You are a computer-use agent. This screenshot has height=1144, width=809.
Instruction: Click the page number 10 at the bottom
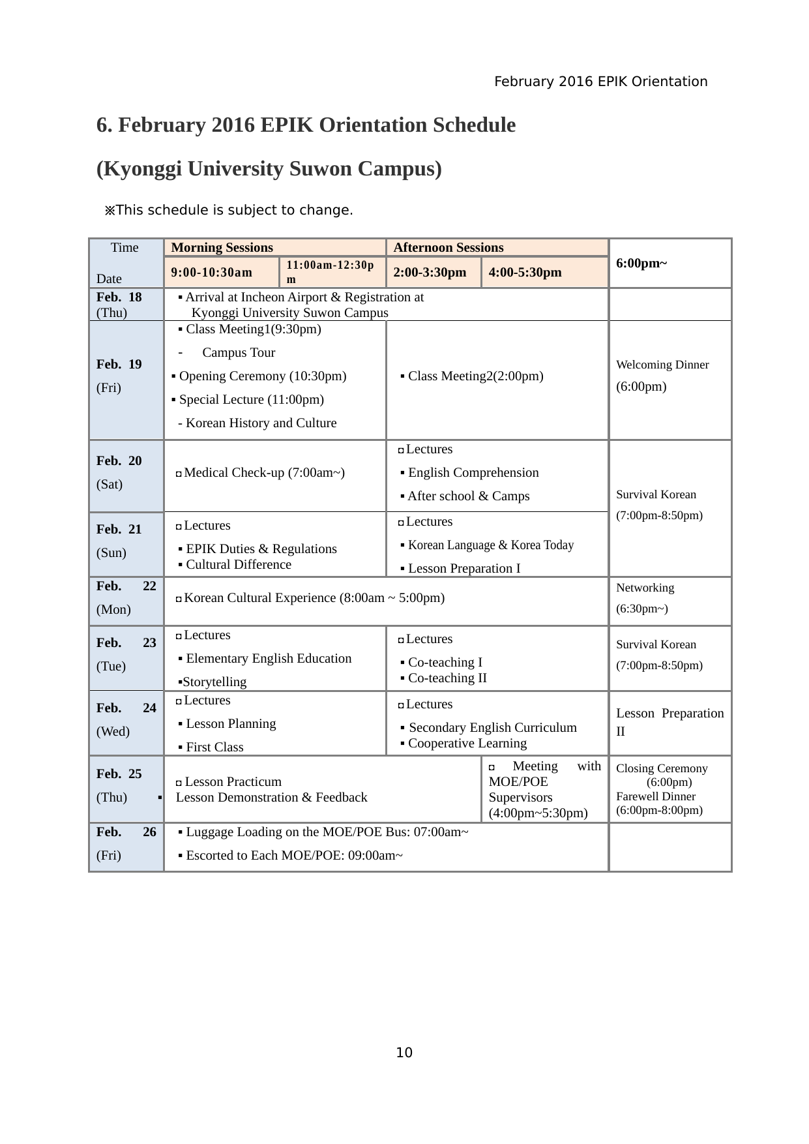[x=404, y=1052]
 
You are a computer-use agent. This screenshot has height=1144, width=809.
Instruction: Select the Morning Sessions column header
[x=222, y=248]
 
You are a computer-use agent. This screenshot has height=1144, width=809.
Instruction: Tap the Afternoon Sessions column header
[x=449, y=248]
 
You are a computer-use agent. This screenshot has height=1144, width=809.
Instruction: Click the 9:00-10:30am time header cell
[x=212, y=273]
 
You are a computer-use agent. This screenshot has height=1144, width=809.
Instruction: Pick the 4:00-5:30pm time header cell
[x=525, y=273]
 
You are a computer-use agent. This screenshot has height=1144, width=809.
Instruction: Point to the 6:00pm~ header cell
[x=641, y=263]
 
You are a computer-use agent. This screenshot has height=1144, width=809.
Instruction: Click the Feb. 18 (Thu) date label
[x=119, y=305]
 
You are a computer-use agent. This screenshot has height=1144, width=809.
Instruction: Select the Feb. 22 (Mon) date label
[x=126, y=597]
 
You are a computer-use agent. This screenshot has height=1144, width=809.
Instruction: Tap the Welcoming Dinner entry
[x=662, y=365]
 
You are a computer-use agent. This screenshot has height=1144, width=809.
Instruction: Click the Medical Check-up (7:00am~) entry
[x=264, y=473]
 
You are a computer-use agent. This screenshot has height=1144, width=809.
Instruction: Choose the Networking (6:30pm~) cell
[x=645, y=598]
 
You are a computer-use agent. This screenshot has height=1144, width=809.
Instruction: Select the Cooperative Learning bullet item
[x=467, y=744]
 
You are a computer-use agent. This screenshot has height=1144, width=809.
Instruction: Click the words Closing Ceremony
[x=662, y=768]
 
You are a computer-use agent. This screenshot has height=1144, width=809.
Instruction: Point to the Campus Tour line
[x=239, y=353]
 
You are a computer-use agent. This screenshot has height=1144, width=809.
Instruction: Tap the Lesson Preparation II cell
[x=669, y=722]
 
